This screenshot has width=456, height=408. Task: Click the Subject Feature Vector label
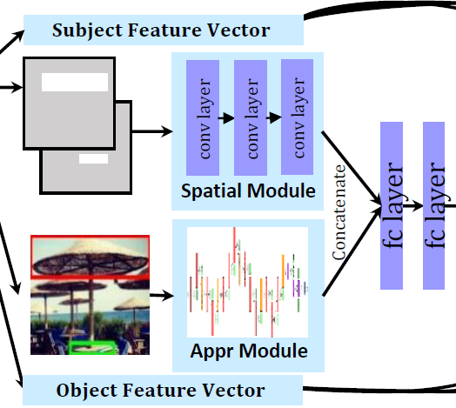pyautogui.click(x=161, y=31)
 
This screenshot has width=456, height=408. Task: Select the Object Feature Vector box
pyautogui.click(x=160, y=389)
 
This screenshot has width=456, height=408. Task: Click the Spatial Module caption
pyautogui.click(x=248, y=191)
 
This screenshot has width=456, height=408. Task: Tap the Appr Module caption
pyautogui.click(x=248, y=351)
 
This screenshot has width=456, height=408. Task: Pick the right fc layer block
pyautogui.click(x=438, y=206)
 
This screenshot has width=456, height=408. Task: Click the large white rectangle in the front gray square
pyautogui.click(x=75, y=84)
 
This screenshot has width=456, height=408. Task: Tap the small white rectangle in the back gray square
pyautogui.click(x=92, y=159)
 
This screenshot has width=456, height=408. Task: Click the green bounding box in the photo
pyautogui.click(x=93, y=348)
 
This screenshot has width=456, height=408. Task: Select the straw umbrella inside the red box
pyautogui.click(x=91, y=257)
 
